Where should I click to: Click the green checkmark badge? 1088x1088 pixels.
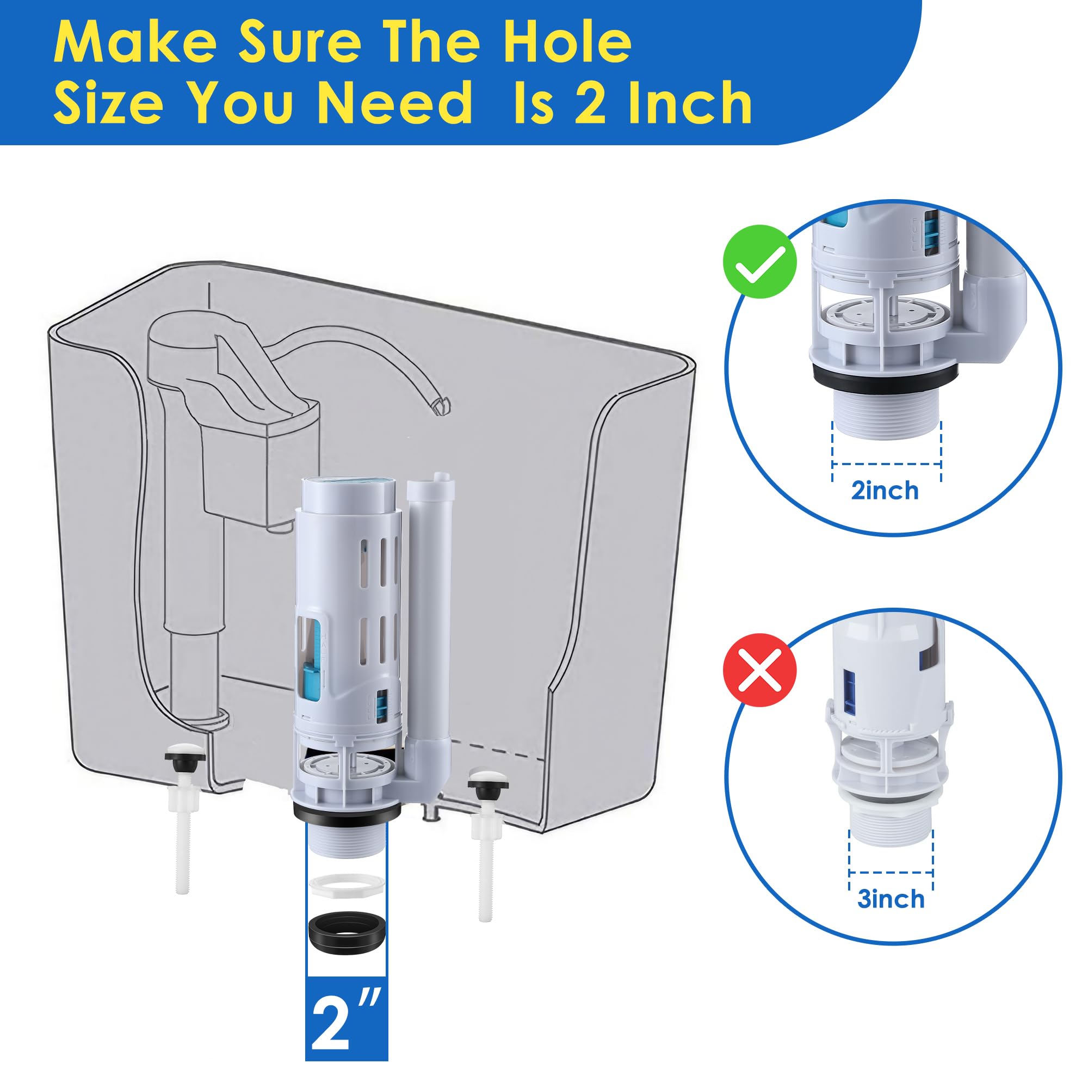[759, 261]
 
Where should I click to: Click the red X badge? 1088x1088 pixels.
[759, 670]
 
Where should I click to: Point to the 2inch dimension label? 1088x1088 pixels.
[885, 491]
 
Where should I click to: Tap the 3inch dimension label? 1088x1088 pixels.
[891, 899]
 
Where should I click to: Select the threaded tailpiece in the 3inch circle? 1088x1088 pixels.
[891, 826]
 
